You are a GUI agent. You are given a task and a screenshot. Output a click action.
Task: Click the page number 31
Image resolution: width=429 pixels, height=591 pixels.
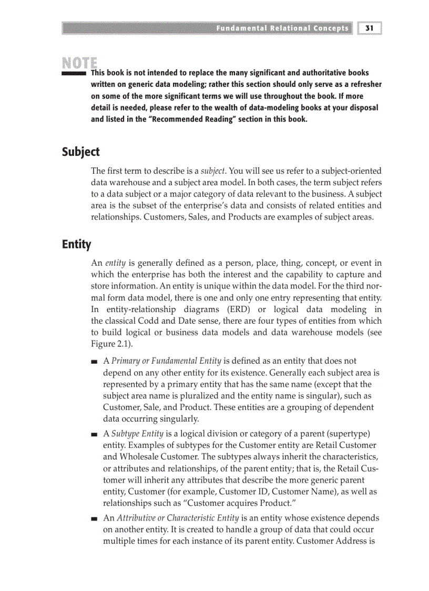[x=370, y=28]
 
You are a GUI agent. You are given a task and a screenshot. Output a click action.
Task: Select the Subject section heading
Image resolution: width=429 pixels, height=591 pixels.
[x=80, y=152]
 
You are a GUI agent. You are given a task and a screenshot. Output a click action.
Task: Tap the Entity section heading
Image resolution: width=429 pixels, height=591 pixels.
[x=76, y=244]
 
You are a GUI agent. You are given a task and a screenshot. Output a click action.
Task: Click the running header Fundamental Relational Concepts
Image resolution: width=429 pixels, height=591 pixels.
[x=282, y=28]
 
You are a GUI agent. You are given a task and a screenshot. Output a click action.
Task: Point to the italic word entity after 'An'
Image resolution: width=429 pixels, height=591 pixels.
[x=115, y=263]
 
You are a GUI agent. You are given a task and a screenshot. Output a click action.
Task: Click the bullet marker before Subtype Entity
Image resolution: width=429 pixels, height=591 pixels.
[x=94, y=434]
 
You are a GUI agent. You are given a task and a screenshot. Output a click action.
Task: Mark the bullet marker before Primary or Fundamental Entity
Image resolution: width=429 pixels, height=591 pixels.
[x=94, y=362]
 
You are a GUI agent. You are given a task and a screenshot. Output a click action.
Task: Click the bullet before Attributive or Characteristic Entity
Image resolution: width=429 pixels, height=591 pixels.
[x=94, y=518]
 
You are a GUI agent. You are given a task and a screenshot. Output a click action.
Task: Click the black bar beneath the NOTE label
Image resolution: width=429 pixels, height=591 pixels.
[x=74, y=74]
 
